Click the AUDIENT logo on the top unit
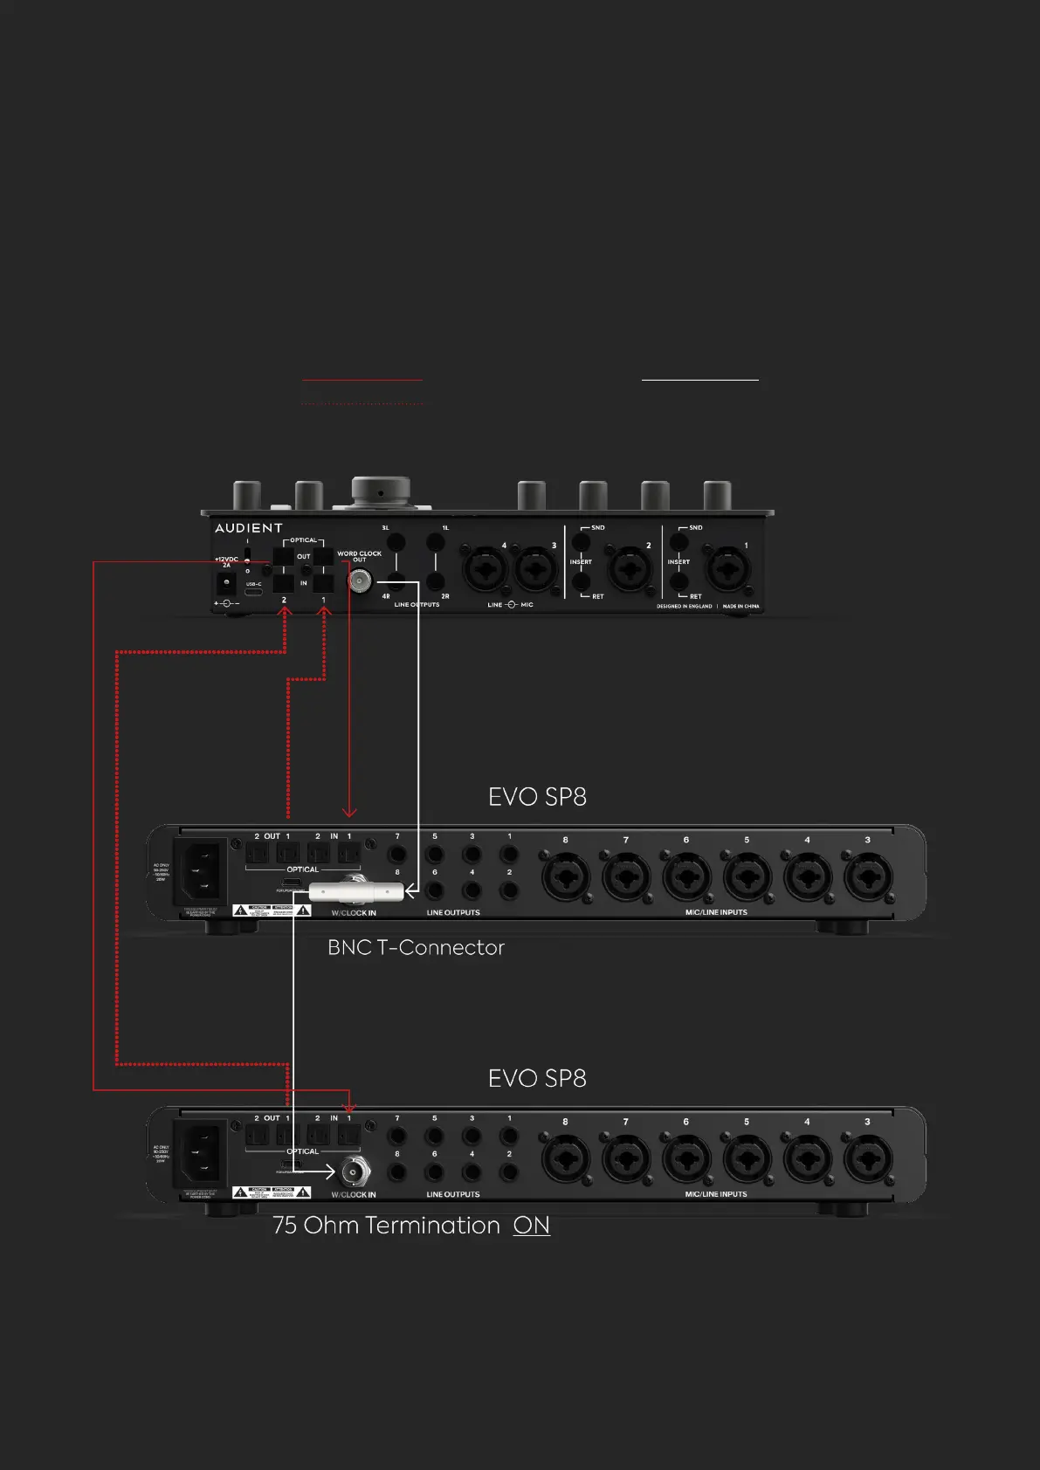[x=249, y=528]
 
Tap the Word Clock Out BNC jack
[x=359, y=580]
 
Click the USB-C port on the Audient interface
[x=253, y=593]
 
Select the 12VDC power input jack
[x=226, y=582]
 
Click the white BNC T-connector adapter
[x=356, y=891]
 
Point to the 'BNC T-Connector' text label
[x=416, y=948]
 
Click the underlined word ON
[x=531, y=1226]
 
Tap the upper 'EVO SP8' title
[x=537, y=797]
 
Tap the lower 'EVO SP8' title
[x=537, y=1079]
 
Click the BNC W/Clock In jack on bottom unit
[x=354, y=1171]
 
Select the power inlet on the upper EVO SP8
[x=202, y=870]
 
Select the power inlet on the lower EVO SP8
[x=202, y=1152]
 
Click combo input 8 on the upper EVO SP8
[x=565, y=876]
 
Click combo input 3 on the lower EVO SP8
[x=867, y=1157]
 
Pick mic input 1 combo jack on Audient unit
[x=727, y=572]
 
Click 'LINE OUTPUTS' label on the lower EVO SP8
[x=452, y=1194]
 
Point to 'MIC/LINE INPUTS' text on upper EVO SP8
[x=716, y=912]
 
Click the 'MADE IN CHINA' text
[x=740, y=606]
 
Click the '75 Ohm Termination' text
[x=387, y=1226]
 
